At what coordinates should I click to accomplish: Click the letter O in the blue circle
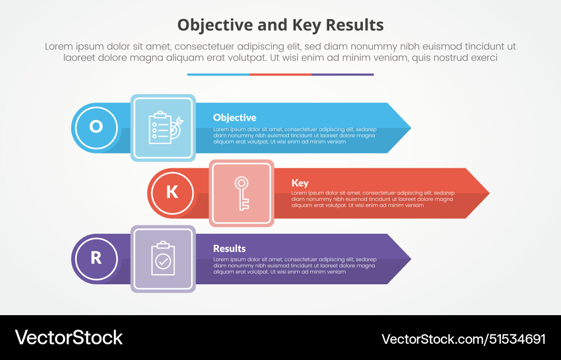[x=96, y=127]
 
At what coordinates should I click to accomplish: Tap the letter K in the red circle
[x=172, y=192]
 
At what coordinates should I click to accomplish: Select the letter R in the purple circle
[x=96, y=258]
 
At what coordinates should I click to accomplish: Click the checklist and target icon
[x=163, y=128]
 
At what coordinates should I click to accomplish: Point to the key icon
[x=242, y=193]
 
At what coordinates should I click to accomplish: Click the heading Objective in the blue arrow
[x=234, y=118]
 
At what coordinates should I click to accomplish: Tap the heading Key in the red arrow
[x=300, y=183]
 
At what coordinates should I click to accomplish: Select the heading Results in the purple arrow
[x=229, y=248]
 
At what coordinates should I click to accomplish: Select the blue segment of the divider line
[x=218, y=74]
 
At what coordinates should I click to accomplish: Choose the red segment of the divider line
[x=280, y=74]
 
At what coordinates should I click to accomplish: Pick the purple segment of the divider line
[x=342, y=74]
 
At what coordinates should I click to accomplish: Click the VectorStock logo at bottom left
[x=69, y=338]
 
